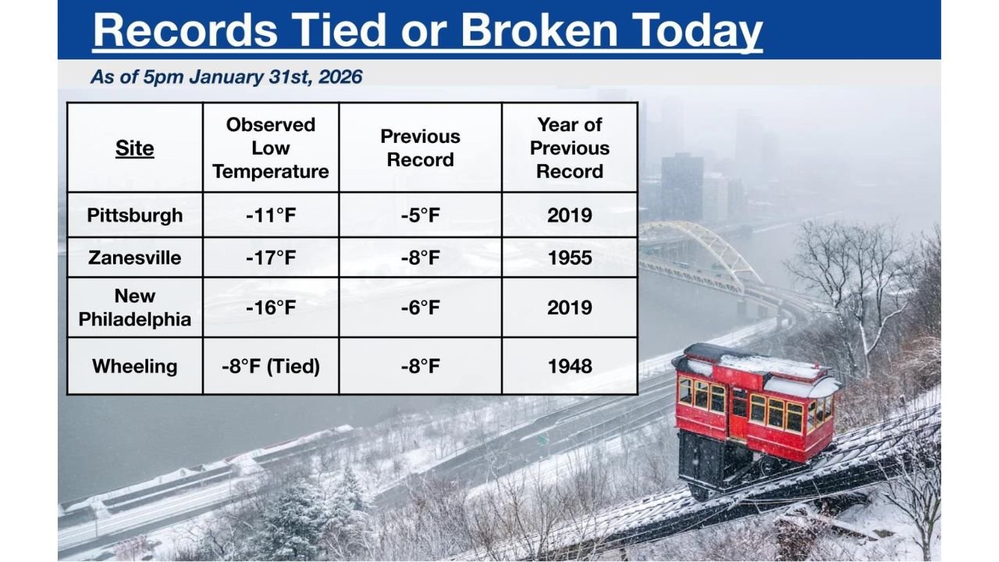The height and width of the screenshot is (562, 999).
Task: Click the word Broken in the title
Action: coord(539,30)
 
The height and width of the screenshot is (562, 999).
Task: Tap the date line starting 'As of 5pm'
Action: coord(226,76)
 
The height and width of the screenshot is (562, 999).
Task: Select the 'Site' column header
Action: coord(134,148)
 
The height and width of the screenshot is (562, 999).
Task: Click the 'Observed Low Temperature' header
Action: coord(271,148)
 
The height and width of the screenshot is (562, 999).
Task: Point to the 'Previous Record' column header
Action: coord(420,148)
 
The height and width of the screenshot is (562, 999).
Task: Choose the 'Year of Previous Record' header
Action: coord(569,148)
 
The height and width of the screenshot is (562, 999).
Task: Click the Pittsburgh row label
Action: coord(134,215)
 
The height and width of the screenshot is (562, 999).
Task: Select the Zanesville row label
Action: coord(134,258)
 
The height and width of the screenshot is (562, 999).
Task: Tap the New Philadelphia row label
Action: coord(134,308)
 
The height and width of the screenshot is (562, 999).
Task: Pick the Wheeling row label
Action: coord(134,366)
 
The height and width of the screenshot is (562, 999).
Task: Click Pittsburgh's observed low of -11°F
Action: coord(271,215)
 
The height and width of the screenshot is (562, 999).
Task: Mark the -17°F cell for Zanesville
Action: coord(271,258)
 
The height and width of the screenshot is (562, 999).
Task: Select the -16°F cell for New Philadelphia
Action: coord(271,308)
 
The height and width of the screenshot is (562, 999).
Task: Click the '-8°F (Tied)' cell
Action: coord(271,366)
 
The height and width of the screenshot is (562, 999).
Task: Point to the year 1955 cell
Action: coord(569,258)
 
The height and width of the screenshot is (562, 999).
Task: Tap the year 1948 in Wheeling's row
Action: coord(569,366)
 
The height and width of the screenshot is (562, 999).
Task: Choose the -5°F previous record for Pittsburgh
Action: coord(420,215)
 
